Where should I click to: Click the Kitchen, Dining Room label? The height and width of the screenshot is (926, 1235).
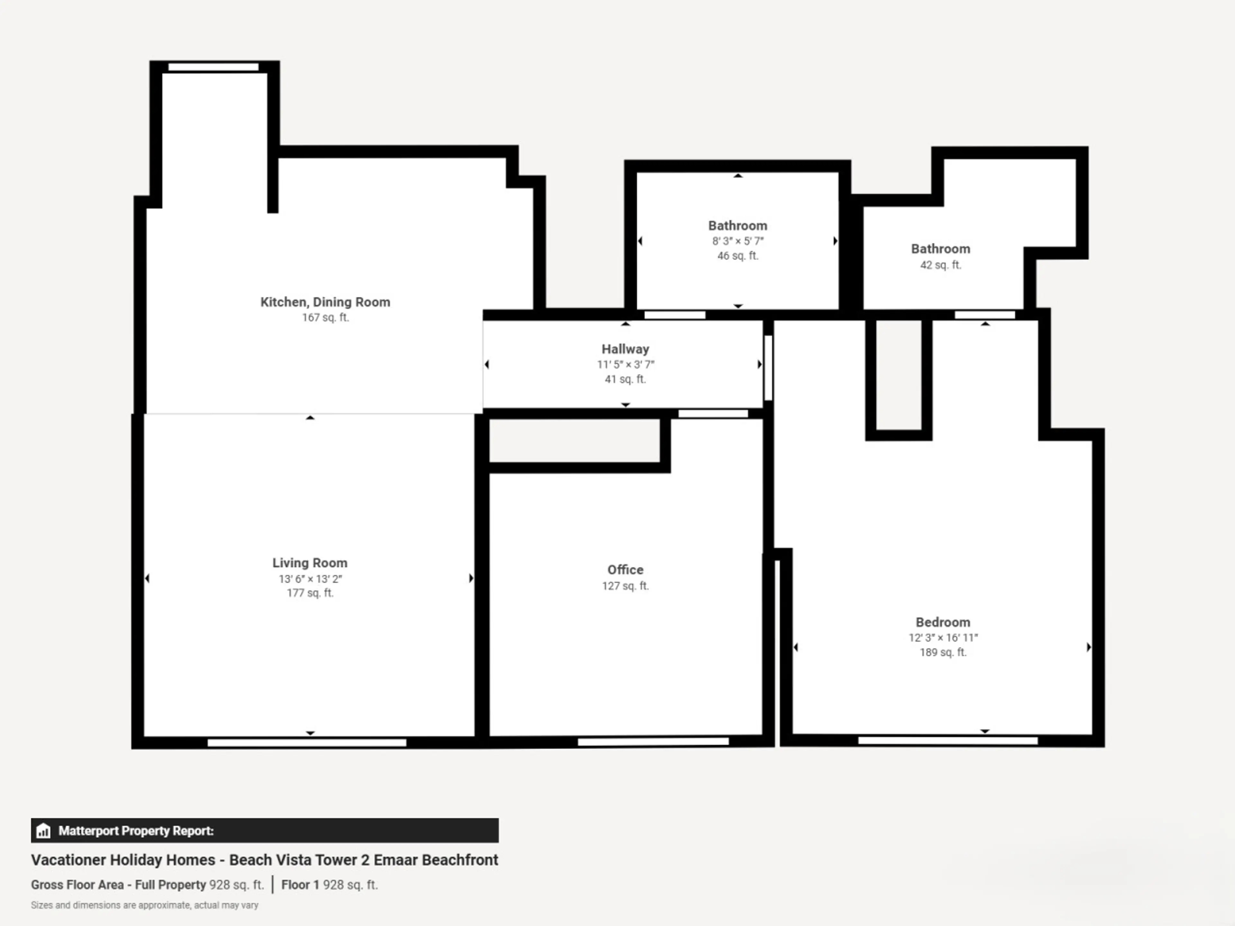pyautogui.click(x=325, y=302)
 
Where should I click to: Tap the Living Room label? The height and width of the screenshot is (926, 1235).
pyautogui.click(x=310, y=563)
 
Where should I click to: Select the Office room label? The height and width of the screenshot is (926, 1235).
pyautogui.click(x=625, y=569)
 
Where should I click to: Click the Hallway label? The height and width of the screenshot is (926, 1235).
pyautogui.click(x=625, y=349)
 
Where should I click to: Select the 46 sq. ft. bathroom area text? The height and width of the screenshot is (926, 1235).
pyautogui.click(x=737, y=256)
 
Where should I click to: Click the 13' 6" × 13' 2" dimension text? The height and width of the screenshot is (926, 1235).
pyautogui.click(x=310, y=579)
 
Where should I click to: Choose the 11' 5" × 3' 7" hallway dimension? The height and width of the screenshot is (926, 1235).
pyautogui.click(x=625, y=365)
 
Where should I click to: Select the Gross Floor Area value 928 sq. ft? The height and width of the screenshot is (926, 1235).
pyautogui.click(x=236, y=885)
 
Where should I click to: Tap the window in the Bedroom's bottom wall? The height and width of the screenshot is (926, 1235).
pyautogui.click(x=947, y=740)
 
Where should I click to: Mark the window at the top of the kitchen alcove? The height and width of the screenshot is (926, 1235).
pyautogui.click(x=213, y=67)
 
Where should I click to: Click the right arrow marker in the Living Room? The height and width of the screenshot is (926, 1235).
pyautogui.click(x=471, y=578)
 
